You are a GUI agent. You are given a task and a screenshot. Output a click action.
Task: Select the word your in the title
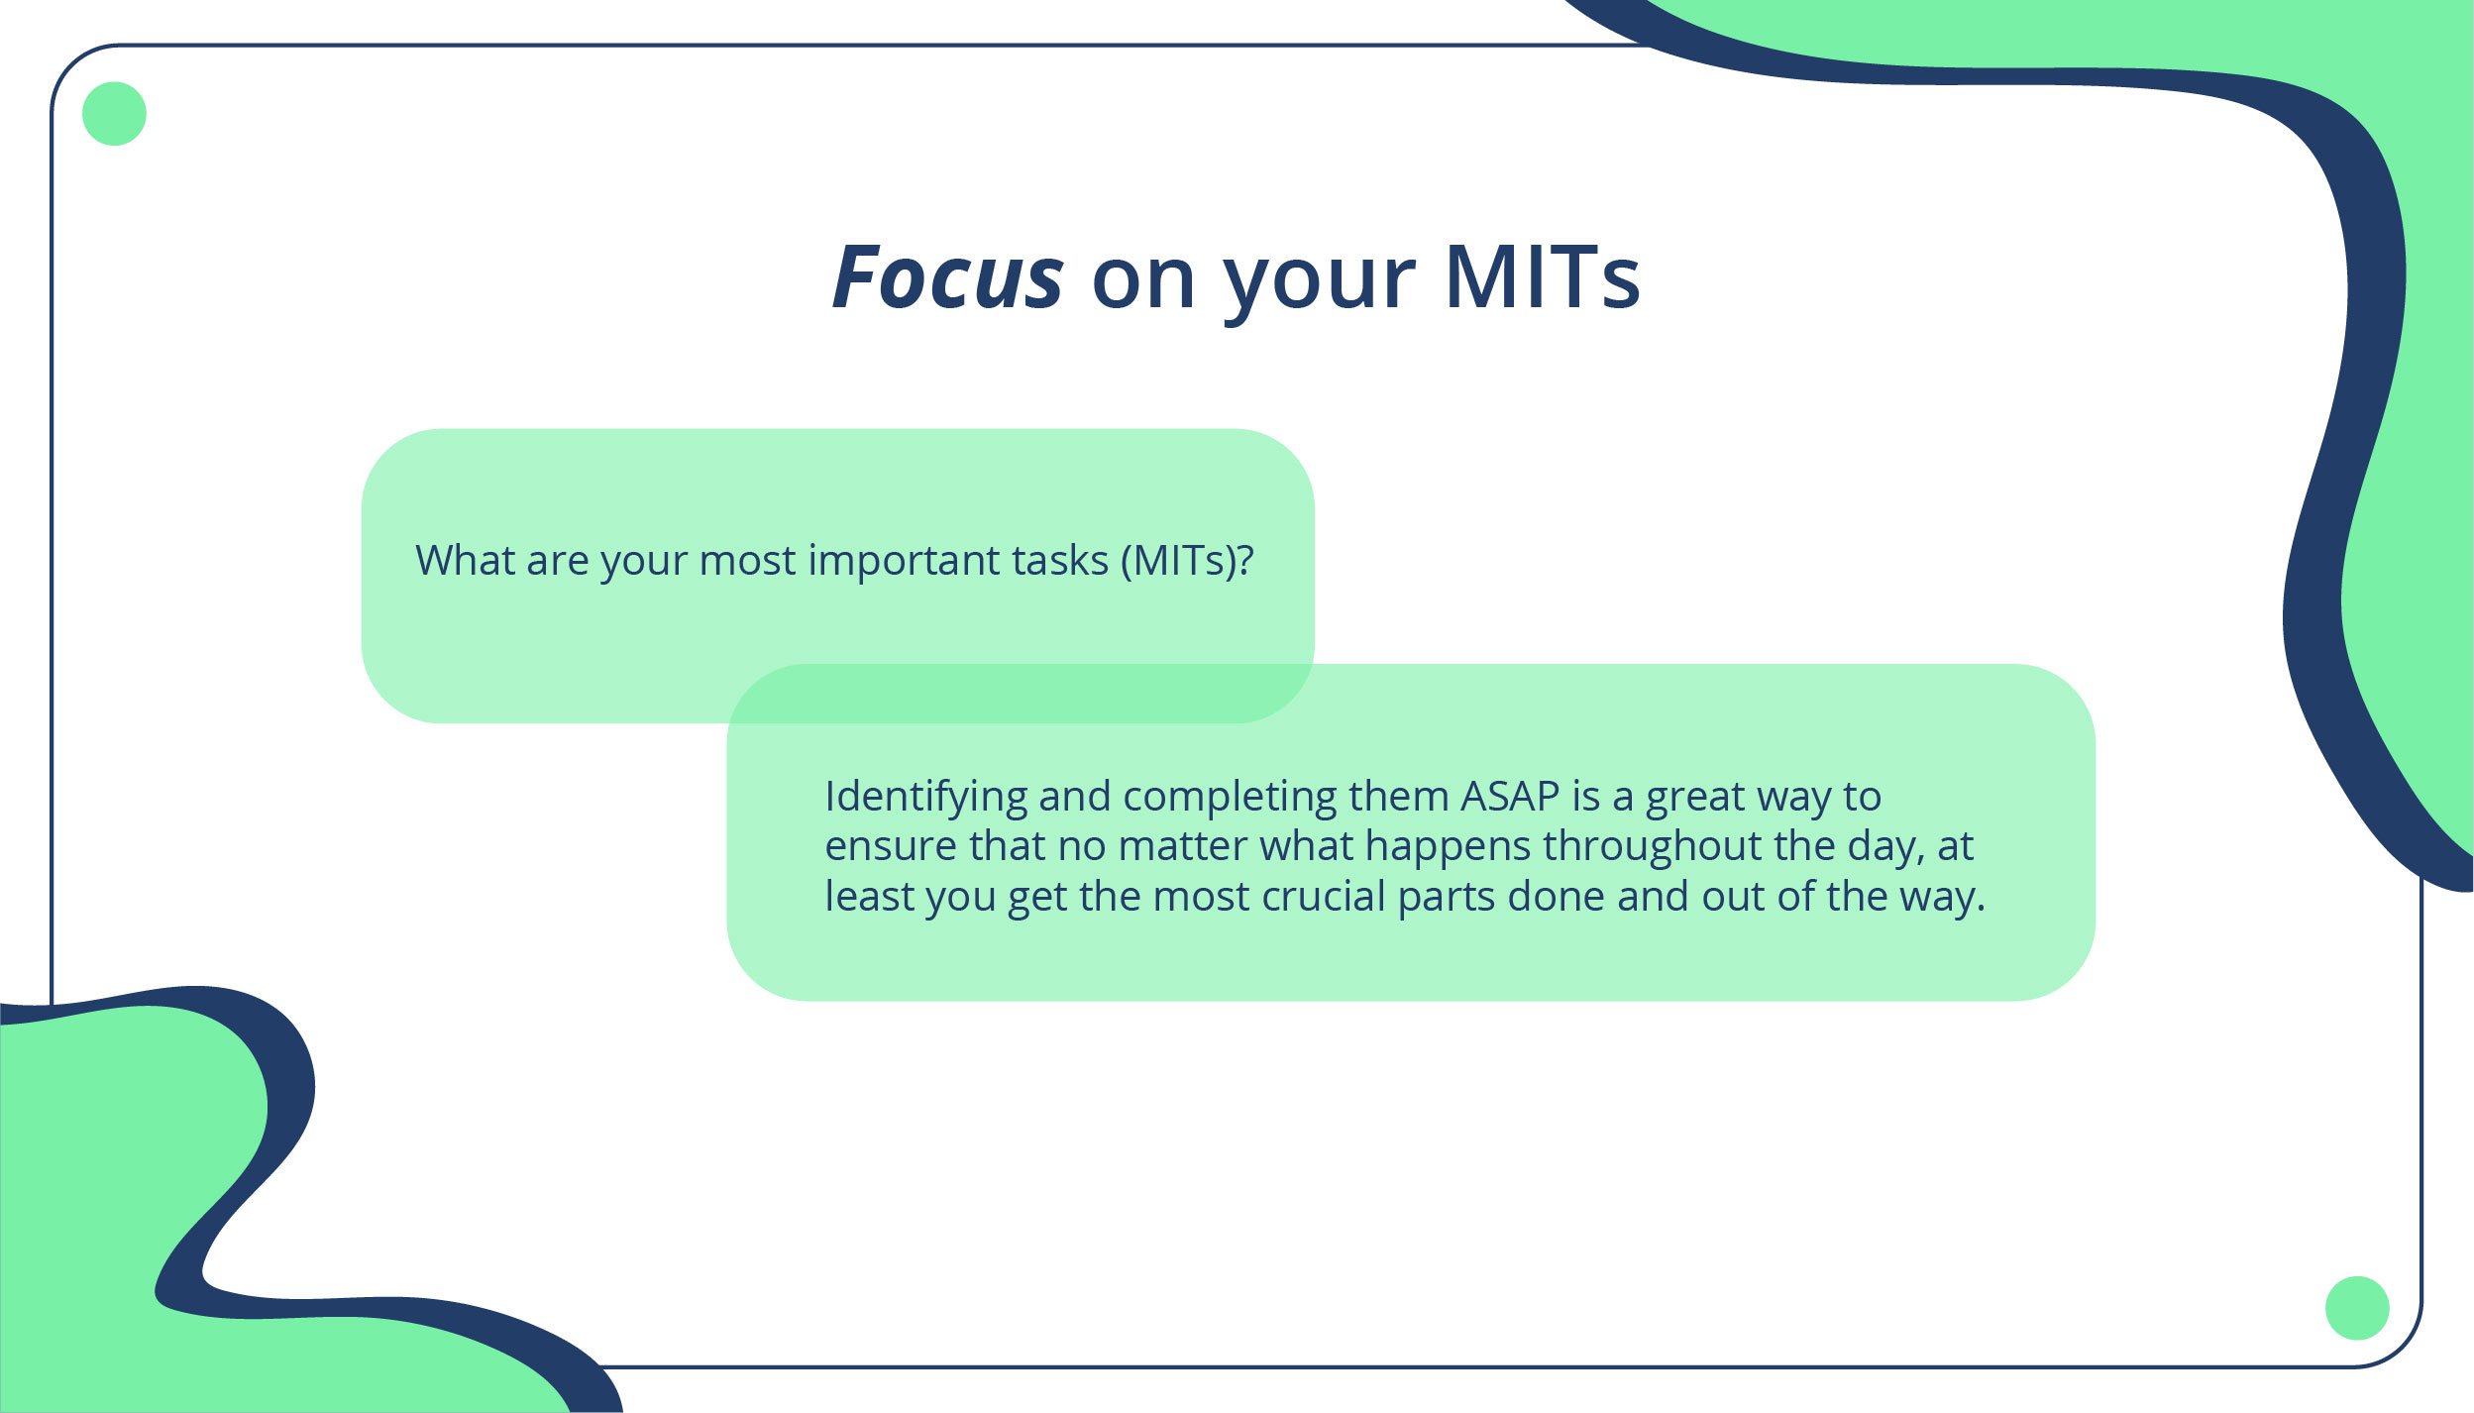[1319, 279]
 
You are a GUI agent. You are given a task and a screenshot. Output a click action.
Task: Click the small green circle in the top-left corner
[114, 114]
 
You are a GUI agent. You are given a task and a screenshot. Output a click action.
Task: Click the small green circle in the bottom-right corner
[2357, 1308]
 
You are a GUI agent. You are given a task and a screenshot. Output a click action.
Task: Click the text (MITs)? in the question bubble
[1187, 561]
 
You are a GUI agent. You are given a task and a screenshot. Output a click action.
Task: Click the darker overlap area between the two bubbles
[1021, 694]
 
